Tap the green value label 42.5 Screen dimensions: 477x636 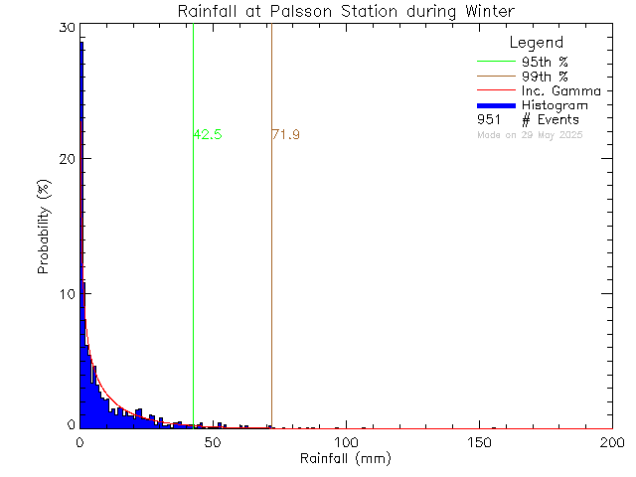pyautogui.click(x=208, y=134)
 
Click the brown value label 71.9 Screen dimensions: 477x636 pyautogui.click(x=285, y=134)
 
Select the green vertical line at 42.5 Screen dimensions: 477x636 pyautogui.click(x=193, y=248)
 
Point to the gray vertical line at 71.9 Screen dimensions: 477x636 pyautogui.click(x=271, y=248)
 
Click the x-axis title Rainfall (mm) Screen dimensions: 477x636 pyautogui.click(x=346, y=459)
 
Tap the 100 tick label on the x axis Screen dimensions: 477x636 pyautogui.click(x=346, y=442)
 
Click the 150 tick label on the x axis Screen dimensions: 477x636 pyautogui.click(x=479, y=442)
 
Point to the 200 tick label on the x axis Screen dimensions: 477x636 pyautogui.click(x=611, y=442)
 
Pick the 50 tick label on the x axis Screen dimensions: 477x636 pyautogui.click(x=213, y=442)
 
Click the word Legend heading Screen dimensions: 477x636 pyautogui.click(x=536, y=43)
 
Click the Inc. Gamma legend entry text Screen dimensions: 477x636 pyautogui.click(x=557, y=91)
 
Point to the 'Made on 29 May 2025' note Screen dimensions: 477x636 pyautogui.click(x=530, y=134)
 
